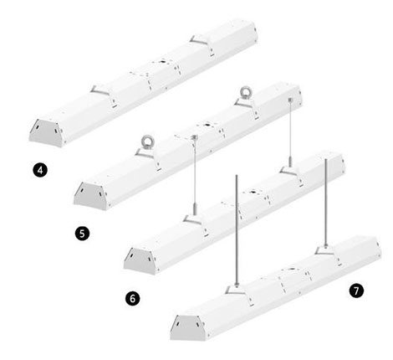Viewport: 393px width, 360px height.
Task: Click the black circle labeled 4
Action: click(x=40, y=170)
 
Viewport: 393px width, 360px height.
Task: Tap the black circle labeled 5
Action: click(x=82, y=233)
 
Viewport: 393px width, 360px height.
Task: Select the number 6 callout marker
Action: click(x=132, y=298)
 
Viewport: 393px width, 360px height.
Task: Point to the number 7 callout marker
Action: click(x=356, y=291)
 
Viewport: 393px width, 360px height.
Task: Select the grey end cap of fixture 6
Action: click(x=140, y=260)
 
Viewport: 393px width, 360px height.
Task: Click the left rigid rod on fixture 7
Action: click(x=237, y=229)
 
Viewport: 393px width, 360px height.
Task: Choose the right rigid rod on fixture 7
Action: click(x=325, y=201)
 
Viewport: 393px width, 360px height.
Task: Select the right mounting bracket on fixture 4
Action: click(x=200, y=40)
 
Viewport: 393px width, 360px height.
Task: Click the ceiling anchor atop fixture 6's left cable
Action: click(x=195, y=136)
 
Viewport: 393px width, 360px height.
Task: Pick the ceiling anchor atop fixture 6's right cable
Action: click(x=290, y=99)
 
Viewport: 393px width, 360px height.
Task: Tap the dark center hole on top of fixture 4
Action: click(x=163, y=61)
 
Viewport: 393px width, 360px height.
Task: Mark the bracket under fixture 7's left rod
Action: click(x=237, y=291)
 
